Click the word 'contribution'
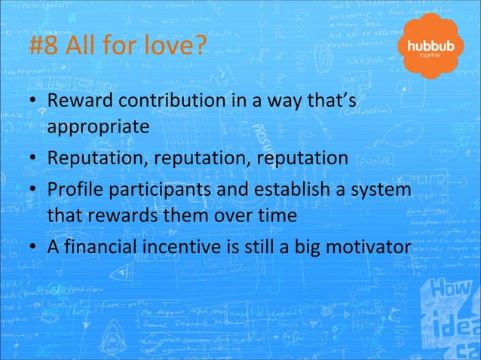[x=175, y=102]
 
